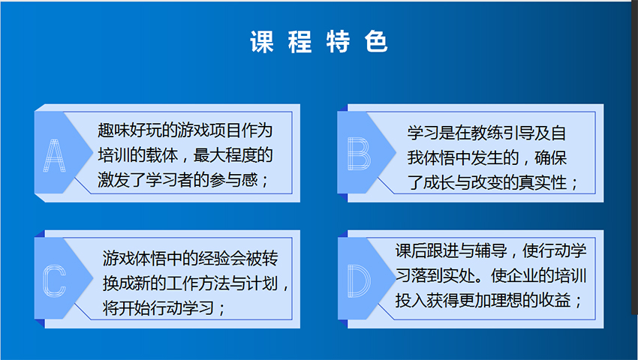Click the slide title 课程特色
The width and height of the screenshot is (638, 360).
(x=318, y=41)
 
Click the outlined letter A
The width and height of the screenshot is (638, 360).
(x=55, y=155)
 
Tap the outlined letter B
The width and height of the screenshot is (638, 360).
(x=359, y=153)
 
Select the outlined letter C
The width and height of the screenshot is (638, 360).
(x=55, y=280)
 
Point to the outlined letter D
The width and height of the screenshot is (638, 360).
(x=359, y=280)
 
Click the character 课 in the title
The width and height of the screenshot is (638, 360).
(x=262, y=41)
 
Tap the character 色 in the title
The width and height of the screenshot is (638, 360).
(x=376, y=41)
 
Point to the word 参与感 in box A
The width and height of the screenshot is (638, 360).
(x=233, y=180)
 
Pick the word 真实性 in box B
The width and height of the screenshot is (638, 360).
(x=543, y=183)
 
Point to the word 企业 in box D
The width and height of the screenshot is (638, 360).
(x=522, y=275)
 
